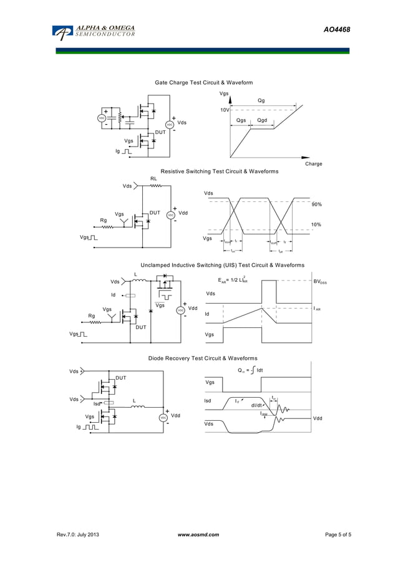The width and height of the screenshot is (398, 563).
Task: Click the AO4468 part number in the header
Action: point(336,30)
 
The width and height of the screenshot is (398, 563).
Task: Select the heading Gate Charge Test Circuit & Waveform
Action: point(203,82)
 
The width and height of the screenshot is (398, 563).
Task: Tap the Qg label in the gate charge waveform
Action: point(261,100)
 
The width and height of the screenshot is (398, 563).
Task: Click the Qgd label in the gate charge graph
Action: point(262,120)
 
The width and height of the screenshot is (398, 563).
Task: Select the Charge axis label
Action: point(313,164)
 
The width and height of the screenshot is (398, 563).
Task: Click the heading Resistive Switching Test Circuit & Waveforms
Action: point(219,171)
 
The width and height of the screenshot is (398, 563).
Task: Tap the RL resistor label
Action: point(153,179)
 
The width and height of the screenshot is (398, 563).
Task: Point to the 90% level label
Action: point(316,205)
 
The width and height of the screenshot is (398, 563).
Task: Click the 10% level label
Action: point(316,224)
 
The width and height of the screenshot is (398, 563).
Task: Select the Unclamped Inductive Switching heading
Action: point(222,266)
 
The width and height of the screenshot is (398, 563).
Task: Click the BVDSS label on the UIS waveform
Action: point(319,282)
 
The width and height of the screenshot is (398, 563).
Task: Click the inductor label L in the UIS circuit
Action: point(136,275)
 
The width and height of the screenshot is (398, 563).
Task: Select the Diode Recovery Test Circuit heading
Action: point(202,358)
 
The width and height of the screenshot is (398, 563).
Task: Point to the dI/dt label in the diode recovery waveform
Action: point(257,405)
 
